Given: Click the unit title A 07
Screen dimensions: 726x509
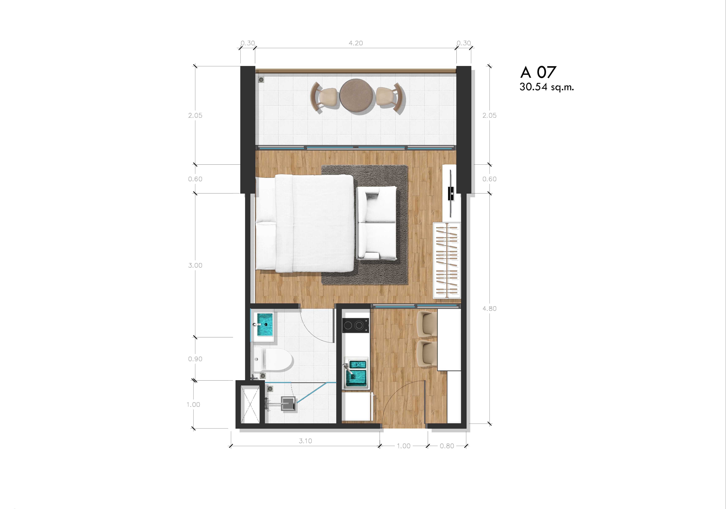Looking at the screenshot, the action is click(538, 72).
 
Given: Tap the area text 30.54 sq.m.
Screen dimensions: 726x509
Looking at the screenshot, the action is click(546, 87).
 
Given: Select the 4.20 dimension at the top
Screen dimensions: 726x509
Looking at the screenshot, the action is click(356, 43).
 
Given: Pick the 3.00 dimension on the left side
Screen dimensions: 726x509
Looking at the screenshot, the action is click(195, 265).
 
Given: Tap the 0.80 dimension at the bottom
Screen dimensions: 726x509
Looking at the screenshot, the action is click(447, 446).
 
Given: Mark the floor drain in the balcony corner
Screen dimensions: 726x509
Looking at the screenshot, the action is click(261, 80).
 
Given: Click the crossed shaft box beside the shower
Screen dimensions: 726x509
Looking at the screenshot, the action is click(250, 404).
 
